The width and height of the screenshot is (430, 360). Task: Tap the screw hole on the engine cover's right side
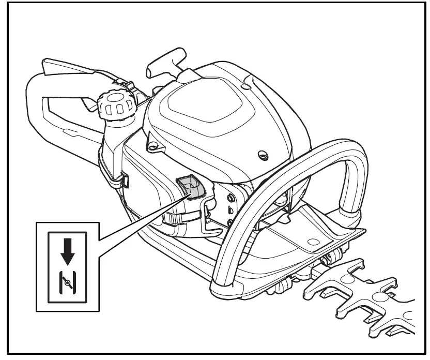(262, 154)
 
